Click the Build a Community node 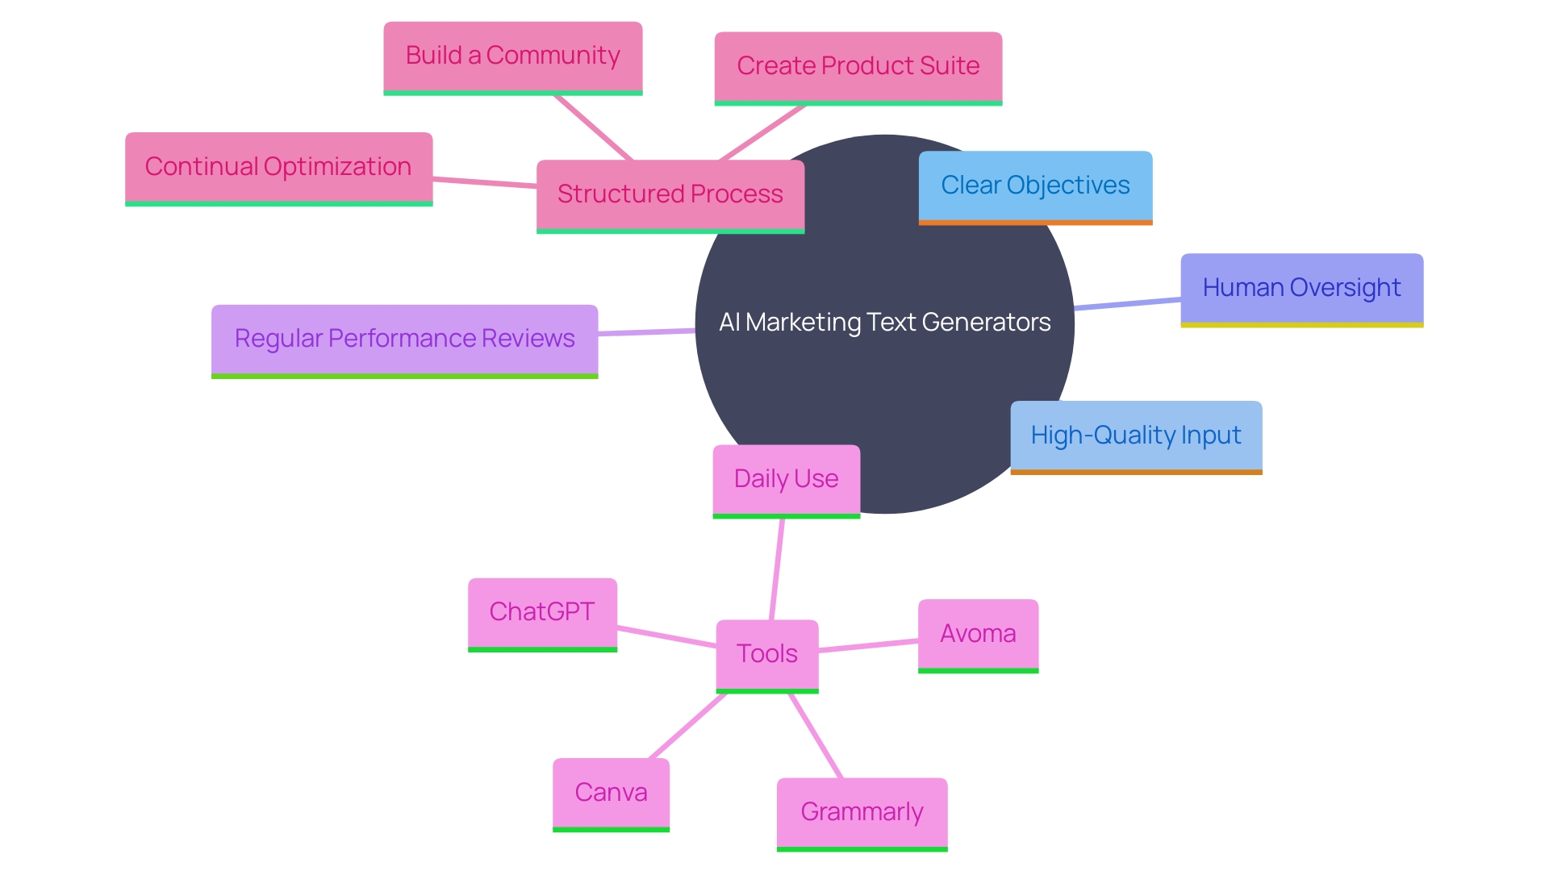(x=512, y=56)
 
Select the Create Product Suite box (x=858, y=67)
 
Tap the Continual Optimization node (x=278, y=168)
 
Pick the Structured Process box (x=670, y=195)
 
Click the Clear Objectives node (x=1035, y=186)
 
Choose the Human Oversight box (x=1301, y=289)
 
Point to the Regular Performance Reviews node (x=404, y=340)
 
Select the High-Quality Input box (x=1136, y=436)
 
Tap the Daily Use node (x=786, y=480)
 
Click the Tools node (x=766, y=654)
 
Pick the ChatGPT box (x=542, y=613)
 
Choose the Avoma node (x=978, y=635)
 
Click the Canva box (x=611, y=794)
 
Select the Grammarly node (x=862, y=813)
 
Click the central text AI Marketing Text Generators (x=884, y=323)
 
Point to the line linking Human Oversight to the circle (x=1127, y=303)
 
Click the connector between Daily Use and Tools (x=777, y=569)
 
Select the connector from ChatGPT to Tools (x=666, y=636)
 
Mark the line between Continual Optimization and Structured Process (x=484, y=182)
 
